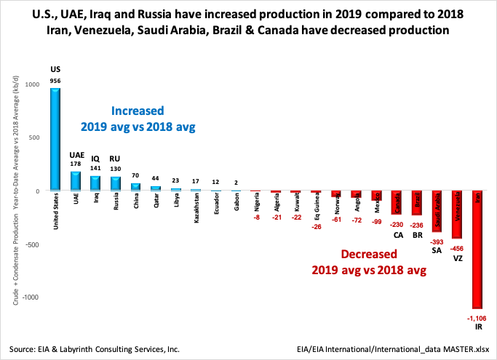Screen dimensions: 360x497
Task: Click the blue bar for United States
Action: tap(55, 139)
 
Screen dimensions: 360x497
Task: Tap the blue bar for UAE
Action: tap(76, 181)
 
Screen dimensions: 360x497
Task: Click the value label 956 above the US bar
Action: tap(55, 81)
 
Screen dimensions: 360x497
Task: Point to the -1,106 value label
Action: tap(477, 318)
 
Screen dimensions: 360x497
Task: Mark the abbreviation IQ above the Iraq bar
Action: tap(95, 158)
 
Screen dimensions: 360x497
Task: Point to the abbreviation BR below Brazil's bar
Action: tap(418, 235)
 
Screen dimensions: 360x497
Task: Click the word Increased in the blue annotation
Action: tap(138, 111)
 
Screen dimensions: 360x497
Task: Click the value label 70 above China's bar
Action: tap(135, 175)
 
